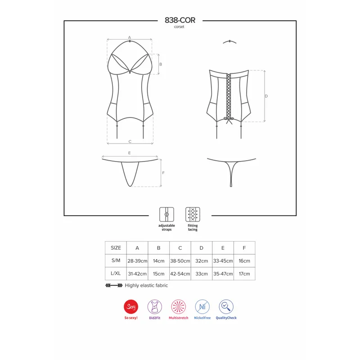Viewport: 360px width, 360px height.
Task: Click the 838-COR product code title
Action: point(180,20)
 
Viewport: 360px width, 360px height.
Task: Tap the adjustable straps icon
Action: point(166,214)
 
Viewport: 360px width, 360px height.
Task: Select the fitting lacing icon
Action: point(193,214)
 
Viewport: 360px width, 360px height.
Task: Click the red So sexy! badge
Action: point(131,306)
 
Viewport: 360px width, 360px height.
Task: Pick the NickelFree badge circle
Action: point(202,306)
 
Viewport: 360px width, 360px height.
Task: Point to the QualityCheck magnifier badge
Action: point(226,306)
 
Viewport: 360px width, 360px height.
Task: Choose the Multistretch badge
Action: point(178,306)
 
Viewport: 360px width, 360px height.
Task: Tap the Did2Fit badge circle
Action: point(155,306)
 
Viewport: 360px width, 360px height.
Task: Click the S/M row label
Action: point(116,261)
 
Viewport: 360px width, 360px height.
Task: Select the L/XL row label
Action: point(116,274)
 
